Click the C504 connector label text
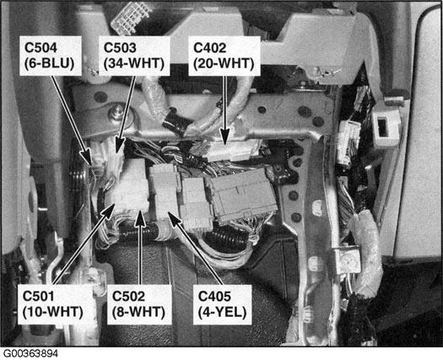(x=41, y=47)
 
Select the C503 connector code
(x=120, y=47)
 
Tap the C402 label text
(x=210, y=47)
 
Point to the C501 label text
(x=39, y=296)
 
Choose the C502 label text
(x=129, y=296)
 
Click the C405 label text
(x=214, y=296)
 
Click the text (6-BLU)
(x=50, y=63)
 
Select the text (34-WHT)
(x=134, y=63)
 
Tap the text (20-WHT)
(x=224, y=63)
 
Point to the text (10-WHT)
(x=53, y=312)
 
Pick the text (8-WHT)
(x=138, y=312)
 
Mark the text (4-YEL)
(x=223, y=312)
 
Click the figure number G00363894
(x=30, y=353)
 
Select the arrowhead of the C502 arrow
(x=140, y=218)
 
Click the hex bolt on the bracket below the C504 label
(x=116, y=113)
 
